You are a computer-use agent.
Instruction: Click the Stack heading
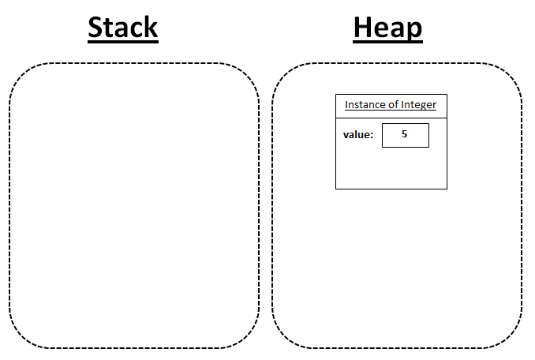[x=123, y=28]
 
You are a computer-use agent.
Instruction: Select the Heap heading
[x=387, y=28]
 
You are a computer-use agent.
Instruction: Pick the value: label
[x=358, y=135]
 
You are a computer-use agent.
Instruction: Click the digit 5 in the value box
[x=404, y=133]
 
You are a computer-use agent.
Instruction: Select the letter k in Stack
[x=150, y=27]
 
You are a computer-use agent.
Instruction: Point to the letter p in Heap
[x=413, y=31]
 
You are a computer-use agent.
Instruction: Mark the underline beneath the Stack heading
[x=123, y=42]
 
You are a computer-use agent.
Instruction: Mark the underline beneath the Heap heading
[x=388, y=42]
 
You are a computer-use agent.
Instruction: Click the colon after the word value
[x=372, y=136]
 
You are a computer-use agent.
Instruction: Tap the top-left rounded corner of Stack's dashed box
[x=20, y=73]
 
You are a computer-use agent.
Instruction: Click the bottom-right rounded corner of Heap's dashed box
[x=512, y=338]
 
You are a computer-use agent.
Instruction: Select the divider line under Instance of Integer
[x=391, y=118]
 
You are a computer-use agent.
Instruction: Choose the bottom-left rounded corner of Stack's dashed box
[x=20, y=338]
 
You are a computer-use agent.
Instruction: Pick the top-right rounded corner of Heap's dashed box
[x=512, y=73]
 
